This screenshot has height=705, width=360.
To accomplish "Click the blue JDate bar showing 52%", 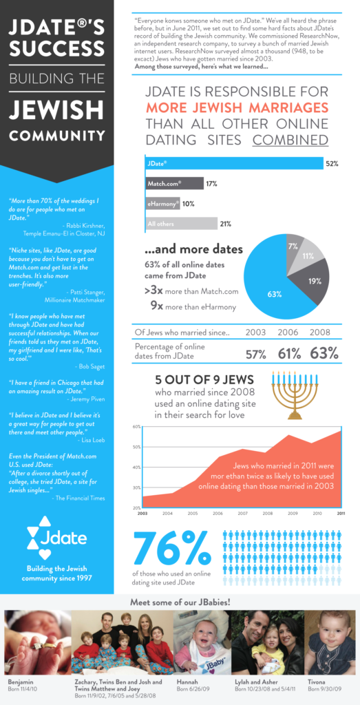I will coord(234,164).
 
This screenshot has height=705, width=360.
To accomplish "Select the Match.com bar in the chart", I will coord(174,184).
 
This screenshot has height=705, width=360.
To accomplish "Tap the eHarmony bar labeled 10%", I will coord(162,204).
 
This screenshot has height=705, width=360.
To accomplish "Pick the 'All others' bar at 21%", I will coord(180,224).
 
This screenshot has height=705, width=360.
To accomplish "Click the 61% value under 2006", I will coord(288,354).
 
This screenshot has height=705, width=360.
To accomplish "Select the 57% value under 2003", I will coord(257,354).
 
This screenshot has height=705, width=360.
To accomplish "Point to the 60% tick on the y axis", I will coord(136,427).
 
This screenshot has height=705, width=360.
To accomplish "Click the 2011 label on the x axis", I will coord(340,514).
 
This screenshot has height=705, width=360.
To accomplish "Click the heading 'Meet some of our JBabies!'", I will coord(180,603).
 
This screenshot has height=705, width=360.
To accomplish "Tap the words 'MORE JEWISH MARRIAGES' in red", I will coord(237,108).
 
